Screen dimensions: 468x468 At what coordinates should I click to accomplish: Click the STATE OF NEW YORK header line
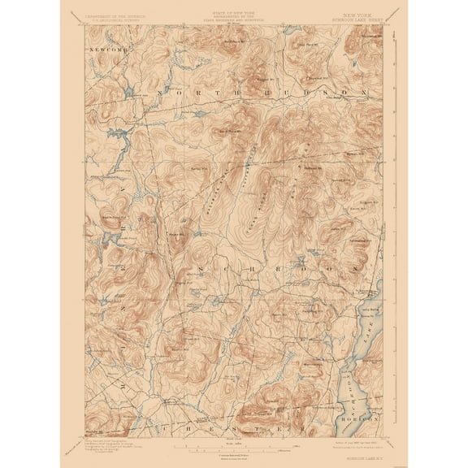(x=234, y=15)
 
